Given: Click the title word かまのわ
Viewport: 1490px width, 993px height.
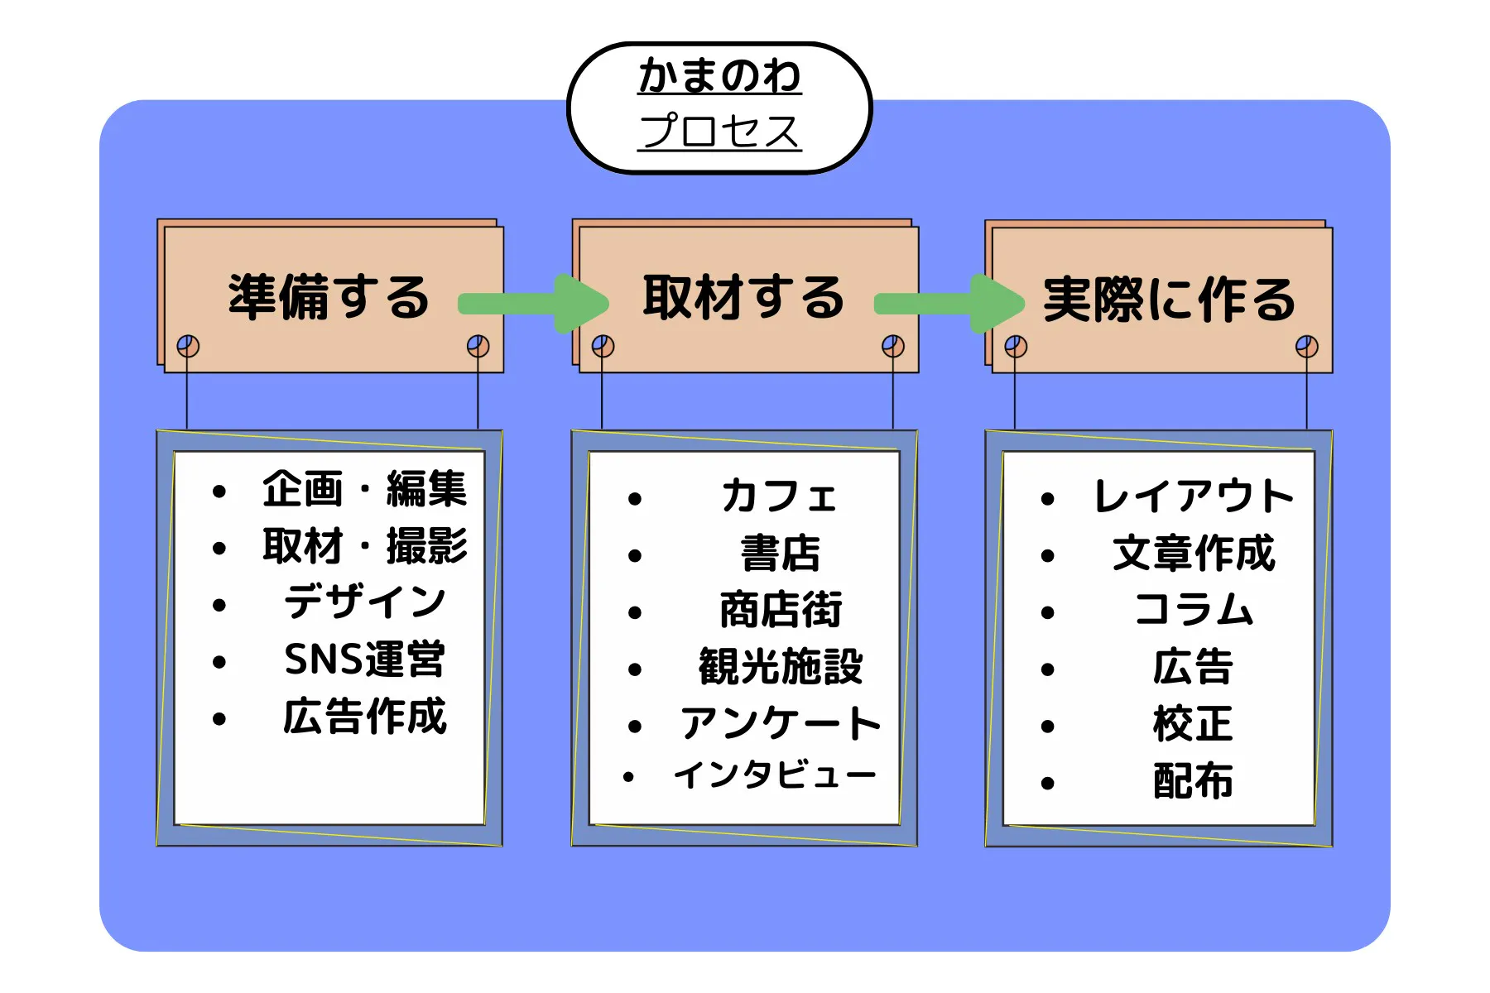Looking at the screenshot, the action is click(719, 75).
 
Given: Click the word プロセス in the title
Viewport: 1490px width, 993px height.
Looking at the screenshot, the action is click(719, 131).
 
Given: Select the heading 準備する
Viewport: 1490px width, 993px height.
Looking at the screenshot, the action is click(329, 297).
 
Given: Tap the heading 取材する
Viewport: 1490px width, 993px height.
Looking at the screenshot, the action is click(743, 297).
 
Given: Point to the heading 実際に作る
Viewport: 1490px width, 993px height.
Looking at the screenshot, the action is click(1169, 299).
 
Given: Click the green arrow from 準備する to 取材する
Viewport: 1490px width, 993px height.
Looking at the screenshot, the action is click(534, 304).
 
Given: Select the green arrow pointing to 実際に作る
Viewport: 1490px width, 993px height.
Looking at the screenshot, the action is click(949, 304).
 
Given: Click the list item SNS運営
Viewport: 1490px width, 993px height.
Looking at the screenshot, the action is click(365, 660).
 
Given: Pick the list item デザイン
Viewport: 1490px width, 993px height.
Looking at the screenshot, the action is click(365, 602).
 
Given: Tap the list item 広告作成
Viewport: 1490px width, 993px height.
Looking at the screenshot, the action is click(365, 717).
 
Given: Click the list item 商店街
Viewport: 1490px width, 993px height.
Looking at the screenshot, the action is click(781, 611).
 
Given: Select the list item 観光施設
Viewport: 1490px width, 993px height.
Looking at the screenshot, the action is click(781, 667).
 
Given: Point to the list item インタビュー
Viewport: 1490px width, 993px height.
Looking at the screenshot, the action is click(775, 775).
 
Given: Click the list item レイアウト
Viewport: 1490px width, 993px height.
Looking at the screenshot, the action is click(1193, 496).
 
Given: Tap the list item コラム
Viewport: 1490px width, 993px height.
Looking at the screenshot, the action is click(1194, 610).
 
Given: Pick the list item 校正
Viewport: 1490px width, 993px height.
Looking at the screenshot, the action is click(1193, 724).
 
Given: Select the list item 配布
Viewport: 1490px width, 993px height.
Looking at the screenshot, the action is click(1193, 781).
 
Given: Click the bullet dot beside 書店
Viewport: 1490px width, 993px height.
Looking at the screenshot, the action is click(635, 556).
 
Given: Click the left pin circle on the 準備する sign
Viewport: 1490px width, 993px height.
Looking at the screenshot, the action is click(188, 346).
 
